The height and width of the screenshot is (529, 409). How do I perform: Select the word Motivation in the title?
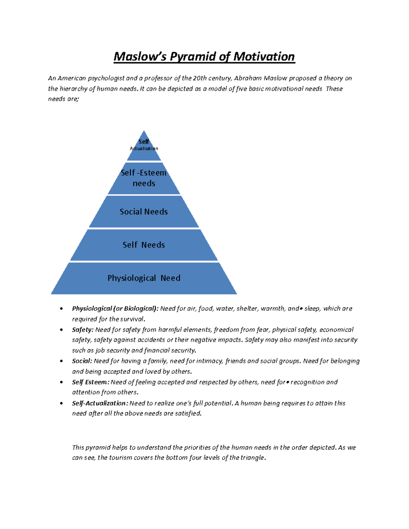(264, 57)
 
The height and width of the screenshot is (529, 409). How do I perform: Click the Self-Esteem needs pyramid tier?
(144, 178)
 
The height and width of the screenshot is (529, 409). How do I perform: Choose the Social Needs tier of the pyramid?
(144, 212)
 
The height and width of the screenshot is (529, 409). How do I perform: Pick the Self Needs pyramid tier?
(144, 245)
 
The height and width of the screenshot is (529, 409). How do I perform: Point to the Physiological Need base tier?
(144, 278)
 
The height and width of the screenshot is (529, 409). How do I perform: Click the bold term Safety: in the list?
(82, 330)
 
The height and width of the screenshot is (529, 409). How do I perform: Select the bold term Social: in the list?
(82, 361)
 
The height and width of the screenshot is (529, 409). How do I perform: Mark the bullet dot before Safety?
(61, 330)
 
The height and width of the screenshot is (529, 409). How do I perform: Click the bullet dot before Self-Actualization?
(61, 403)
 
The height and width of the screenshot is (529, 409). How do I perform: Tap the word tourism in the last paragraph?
(120, 458)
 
